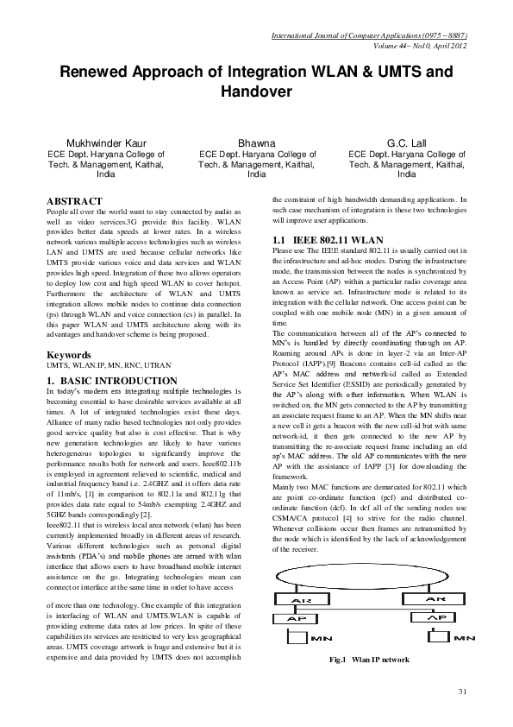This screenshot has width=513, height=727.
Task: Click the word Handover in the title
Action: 256,91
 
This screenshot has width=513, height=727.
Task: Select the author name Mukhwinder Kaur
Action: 106,142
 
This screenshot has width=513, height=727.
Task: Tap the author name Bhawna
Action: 256,142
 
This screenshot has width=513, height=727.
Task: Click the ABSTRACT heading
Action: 74,201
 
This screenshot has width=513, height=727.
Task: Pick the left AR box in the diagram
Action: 302,599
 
